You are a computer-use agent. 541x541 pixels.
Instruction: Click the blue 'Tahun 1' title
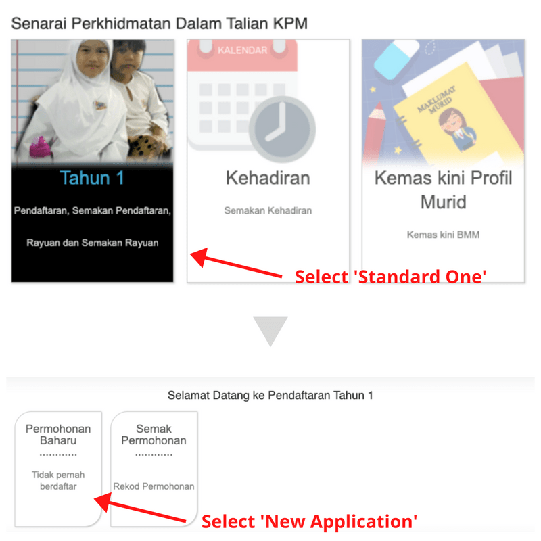93,179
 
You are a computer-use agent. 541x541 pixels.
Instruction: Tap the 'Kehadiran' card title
268,179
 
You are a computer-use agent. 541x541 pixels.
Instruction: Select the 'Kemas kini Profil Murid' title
443,190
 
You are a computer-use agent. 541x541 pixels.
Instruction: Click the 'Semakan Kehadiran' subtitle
268,211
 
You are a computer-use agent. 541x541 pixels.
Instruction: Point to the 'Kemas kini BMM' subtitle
443,235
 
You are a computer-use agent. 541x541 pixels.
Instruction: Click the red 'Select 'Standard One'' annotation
390,277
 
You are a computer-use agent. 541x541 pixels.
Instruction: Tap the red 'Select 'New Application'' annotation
309,521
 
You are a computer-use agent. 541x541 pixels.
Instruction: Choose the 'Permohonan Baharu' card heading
58,435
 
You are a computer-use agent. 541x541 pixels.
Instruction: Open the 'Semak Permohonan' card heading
154,435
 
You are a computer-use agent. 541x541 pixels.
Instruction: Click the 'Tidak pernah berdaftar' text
58,480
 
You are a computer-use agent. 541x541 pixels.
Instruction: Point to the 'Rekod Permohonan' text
154,486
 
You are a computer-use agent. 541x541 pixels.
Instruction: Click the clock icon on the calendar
281,129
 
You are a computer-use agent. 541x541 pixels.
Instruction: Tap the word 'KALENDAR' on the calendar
242,51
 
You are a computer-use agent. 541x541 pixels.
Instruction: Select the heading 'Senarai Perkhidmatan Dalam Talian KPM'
159,24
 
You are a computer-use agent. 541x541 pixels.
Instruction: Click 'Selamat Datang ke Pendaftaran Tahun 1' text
270,396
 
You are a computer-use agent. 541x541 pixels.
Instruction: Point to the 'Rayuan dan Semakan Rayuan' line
93,242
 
